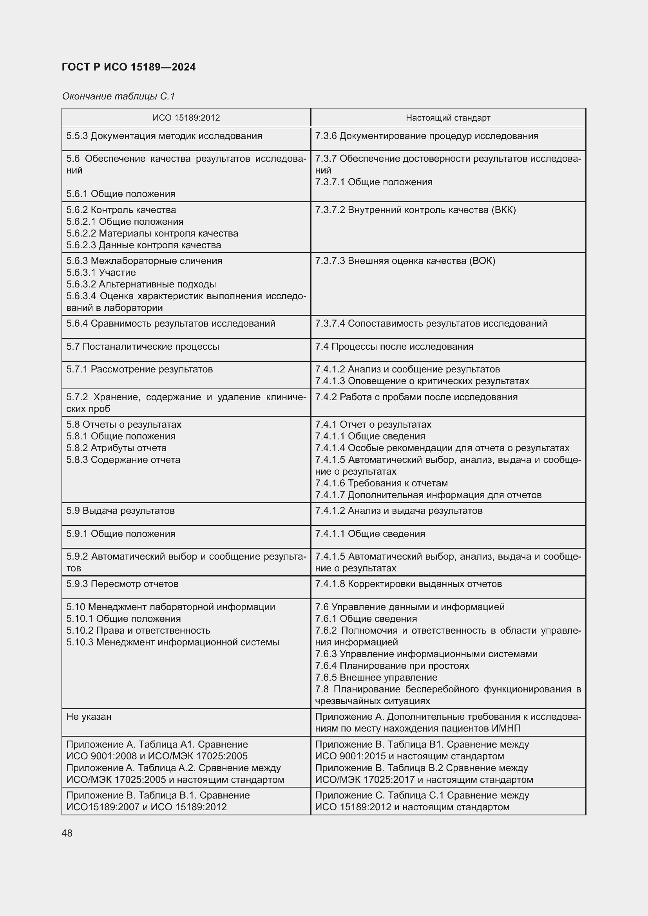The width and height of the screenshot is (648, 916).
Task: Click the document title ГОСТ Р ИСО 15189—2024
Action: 129,67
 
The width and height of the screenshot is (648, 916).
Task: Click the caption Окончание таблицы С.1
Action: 118,96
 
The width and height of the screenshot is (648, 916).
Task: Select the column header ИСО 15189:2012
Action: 186,118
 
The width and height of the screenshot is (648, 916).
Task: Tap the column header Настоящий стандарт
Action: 448,118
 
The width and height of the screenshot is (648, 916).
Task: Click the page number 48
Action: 67,833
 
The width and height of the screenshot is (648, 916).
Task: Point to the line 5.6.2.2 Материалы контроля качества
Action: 152,233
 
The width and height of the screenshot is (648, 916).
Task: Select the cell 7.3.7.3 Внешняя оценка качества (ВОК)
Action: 405,260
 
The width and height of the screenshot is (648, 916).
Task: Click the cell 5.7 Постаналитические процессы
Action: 143,346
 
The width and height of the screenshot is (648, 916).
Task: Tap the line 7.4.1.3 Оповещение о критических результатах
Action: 422,381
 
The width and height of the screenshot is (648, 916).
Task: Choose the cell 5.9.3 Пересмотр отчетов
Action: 122,584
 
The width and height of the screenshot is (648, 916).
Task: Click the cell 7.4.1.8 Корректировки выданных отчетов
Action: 408,584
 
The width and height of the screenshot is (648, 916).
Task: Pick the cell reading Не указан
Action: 89,717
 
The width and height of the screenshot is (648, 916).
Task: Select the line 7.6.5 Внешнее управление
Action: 376,678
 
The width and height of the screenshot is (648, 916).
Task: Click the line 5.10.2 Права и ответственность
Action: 138,631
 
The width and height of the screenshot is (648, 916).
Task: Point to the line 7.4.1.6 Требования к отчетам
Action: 381,483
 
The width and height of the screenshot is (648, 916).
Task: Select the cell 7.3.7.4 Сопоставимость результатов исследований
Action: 431,323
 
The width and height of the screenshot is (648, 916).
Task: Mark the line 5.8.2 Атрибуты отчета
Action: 116,448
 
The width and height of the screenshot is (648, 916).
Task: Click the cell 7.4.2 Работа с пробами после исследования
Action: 416,397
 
